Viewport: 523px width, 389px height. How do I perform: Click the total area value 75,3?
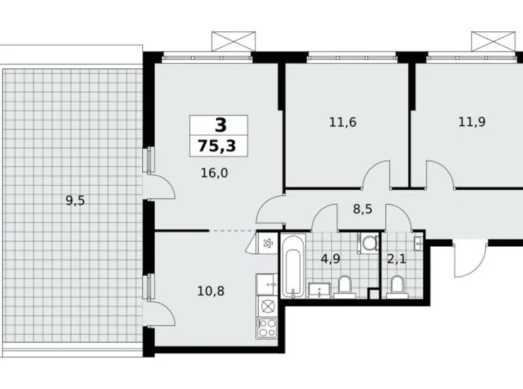point(219,144)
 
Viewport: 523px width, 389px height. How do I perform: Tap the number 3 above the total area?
point(219,125)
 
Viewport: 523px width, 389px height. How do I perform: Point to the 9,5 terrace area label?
point(75,199)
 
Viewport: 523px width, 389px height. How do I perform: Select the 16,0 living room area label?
point(215,173)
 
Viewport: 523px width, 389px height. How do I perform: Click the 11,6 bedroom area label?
point(342,122)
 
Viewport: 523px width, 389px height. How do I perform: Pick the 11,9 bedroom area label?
point(472,122)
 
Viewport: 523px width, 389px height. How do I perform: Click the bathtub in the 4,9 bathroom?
point(292,266)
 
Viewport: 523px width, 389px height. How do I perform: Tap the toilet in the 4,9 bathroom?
point(345,286)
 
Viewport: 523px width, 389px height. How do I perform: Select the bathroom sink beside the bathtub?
point(319,290)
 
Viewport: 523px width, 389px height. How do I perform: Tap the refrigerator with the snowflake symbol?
point(266,243)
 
